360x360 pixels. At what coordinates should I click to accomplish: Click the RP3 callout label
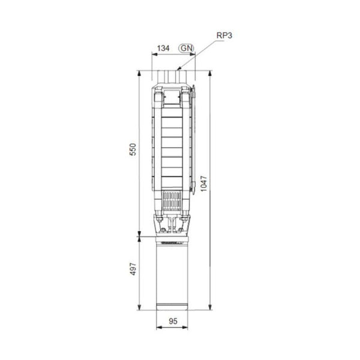pos(224,35)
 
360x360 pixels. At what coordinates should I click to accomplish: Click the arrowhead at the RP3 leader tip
pos(179,69)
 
